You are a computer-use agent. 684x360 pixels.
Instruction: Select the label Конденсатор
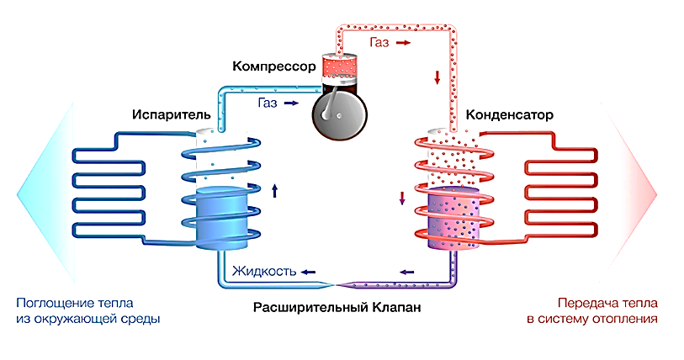coord(503,116)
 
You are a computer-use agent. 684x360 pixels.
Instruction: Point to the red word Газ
coord(379,40)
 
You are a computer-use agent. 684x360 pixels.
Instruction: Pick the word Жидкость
coord(262,272)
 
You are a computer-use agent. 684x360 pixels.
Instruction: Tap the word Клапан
coord(394,308)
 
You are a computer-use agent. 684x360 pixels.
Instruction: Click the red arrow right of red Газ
coord(405,40)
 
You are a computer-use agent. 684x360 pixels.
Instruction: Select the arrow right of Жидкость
coord(310,272)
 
